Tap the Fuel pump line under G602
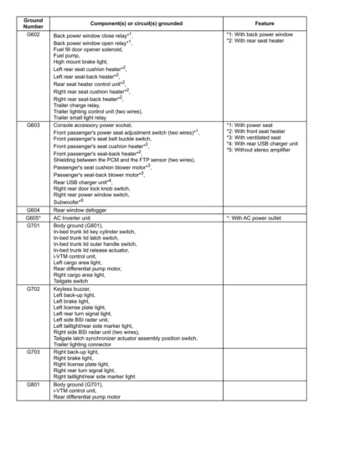[x=67, y=56]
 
